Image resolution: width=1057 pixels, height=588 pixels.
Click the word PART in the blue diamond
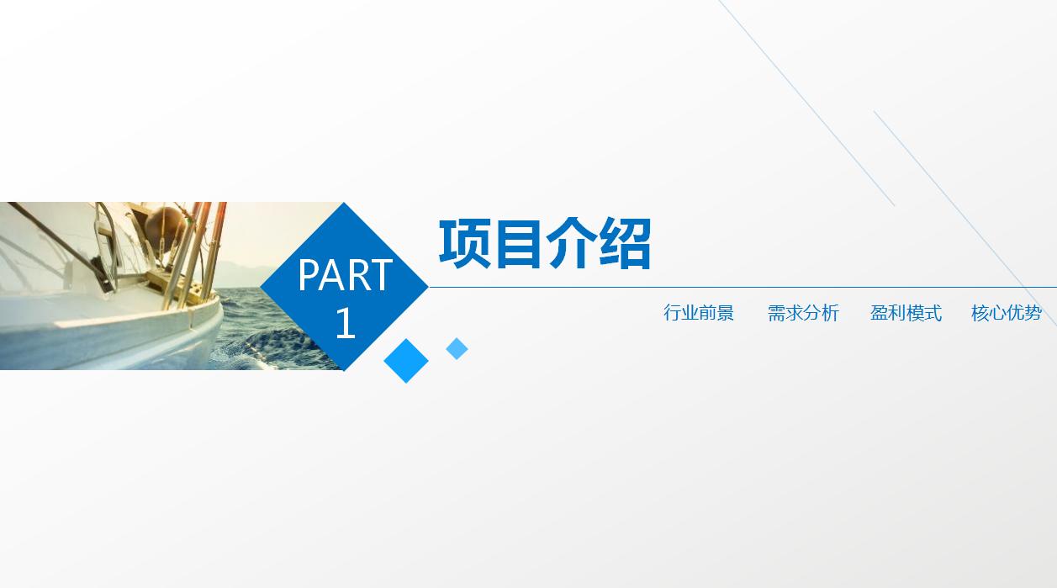tap(345, 275)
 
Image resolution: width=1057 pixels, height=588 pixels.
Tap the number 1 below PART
tap(345, 324)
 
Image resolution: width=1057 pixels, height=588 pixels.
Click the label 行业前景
tap(699, 313)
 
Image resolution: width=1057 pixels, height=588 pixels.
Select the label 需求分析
tap(803, 313)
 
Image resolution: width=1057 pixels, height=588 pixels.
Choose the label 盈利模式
tap(906, 313)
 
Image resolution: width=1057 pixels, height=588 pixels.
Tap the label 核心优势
tap(1007, 313)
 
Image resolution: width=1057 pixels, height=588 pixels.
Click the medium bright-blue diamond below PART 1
tap(406, 361)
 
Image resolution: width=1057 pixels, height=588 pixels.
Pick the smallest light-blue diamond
tap(457, 348)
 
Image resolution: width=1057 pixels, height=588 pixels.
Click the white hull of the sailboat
tap(109, 332)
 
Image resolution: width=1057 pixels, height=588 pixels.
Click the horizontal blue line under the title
tap(740, 287)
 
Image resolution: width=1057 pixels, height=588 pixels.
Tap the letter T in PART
tap(382, 275)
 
